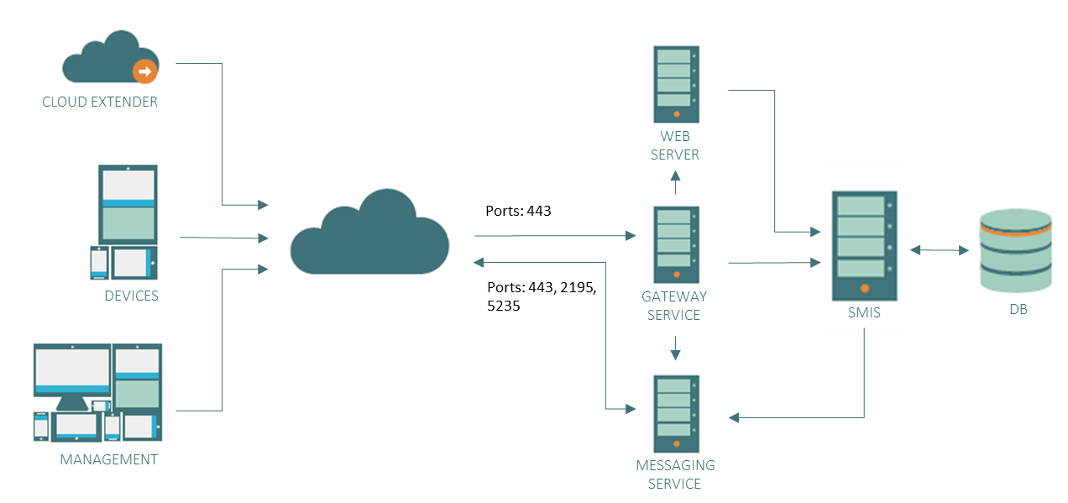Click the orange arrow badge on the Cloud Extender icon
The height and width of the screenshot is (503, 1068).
click(145, 71)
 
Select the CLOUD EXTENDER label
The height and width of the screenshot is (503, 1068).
click(100, 102)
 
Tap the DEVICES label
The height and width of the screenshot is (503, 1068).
click(131, 296)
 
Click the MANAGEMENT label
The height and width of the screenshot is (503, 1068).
click(109, 459)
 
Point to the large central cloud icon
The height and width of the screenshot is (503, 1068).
click(369, 233)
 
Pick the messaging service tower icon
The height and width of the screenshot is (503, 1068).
click(676, 408)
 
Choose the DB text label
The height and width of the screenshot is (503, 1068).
click(1018, 310)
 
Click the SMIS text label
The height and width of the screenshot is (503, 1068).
click(864, 313)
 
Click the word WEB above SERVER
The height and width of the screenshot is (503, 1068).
click(675, 136)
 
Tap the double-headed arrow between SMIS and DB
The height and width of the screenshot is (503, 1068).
click(939, 249)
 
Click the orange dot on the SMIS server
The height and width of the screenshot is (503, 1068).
click(865, 288)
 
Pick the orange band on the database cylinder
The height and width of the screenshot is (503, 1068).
click(1016, 231)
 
